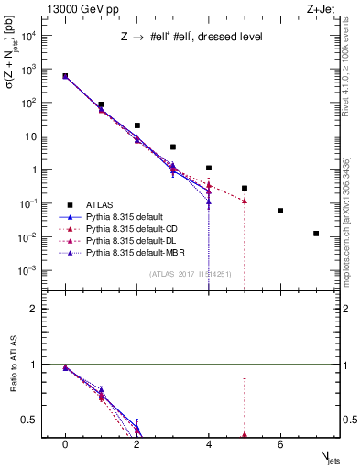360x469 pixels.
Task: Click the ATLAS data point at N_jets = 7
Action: tap(316, 234)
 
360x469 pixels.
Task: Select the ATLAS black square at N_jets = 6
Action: tap(280, 211)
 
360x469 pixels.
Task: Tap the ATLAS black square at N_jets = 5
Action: tap(245, 188)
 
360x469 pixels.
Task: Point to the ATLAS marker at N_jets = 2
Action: tap(136, 125)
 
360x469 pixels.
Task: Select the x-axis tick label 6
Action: tap(280, 443)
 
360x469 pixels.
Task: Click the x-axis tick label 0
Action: tap(65, 443)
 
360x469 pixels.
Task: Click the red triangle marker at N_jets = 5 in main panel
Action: tap(245, 201)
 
